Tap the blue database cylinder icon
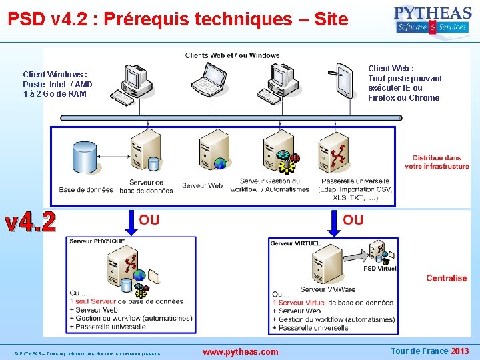pyautogui.click(x=85, y=157)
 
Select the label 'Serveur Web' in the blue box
pyautogui.click(x=202, y=185)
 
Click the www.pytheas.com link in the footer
pyautogui.click(x=240, y=351)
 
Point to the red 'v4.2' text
pyautogui.click(x=31, y=222)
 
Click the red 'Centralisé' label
pyautogui.click(x=447, y=278)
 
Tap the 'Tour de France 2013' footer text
pyautogui.click(x=429, y=351)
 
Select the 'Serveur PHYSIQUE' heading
pyautogui.click(x=97, y=241)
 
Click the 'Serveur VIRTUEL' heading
pyautogui.click(x=295, y=243)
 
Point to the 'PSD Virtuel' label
pyautogui.click(x=380, y=269)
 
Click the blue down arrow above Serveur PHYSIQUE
pyautogui.click(x=131, y=222)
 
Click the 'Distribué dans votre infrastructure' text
pyautogui.click(x=437, y=162)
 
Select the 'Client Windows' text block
pyautogui.click(x=57, y=84)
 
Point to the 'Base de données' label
pyautogui.click(x=86, y=190)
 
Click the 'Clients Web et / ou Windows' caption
pyautogui.click(x=232, y=55)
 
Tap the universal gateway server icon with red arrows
pyautogui.click(x=333, y=152)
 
